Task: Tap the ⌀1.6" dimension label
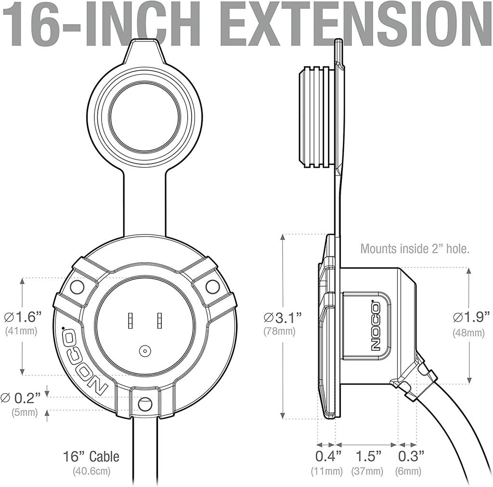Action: [x=23, y=317]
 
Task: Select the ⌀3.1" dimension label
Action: [x=283, y=318]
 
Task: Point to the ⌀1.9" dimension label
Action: [x=471, y=317]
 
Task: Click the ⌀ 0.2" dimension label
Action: [x=21, y=398]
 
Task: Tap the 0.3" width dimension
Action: [x=411, y=456]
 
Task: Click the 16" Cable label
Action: [x=91, y=457]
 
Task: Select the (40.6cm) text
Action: [x=92, y=471]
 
